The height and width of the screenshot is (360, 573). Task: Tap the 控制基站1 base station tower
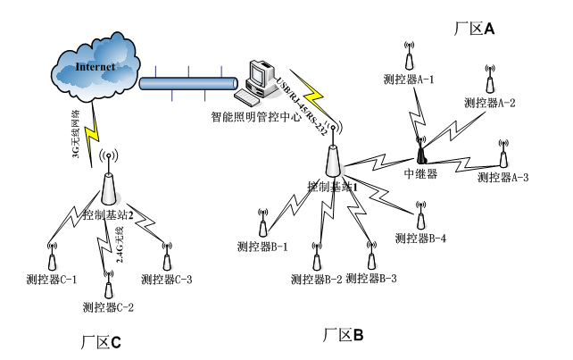(334, 159)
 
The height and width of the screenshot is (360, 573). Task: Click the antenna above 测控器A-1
(408, 58)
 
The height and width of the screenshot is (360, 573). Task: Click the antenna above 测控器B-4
(419, 216)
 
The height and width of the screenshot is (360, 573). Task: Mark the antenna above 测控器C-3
(167, 260)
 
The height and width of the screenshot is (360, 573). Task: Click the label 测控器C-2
(108, 309)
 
